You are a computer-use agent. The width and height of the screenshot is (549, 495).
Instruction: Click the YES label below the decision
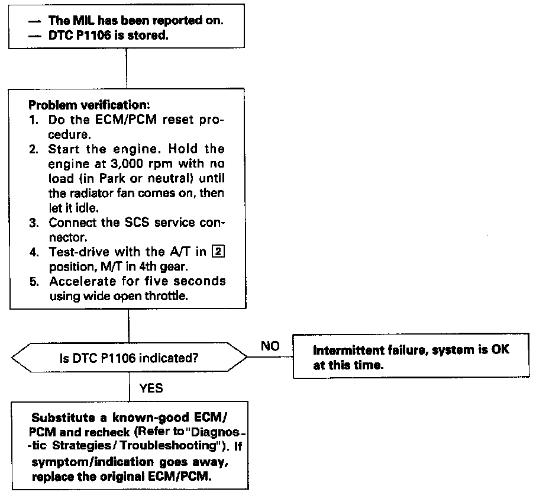tap(151, 388)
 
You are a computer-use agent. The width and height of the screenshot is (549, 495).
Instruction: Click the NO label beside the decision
tap(270, 346)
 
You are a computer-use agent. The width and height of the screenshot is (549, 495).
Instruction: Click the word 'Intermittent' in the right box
tap(347, 350)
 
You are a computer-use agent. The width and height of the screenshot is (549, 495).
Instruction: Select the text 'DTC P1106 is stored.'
tap(104, 35)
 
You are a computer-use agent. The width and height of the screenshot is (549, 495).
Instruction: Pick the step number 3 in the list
tap(34, 223)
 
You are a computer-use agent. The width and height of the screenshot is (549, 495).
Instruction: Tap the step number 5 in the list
tap(34, 281)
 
